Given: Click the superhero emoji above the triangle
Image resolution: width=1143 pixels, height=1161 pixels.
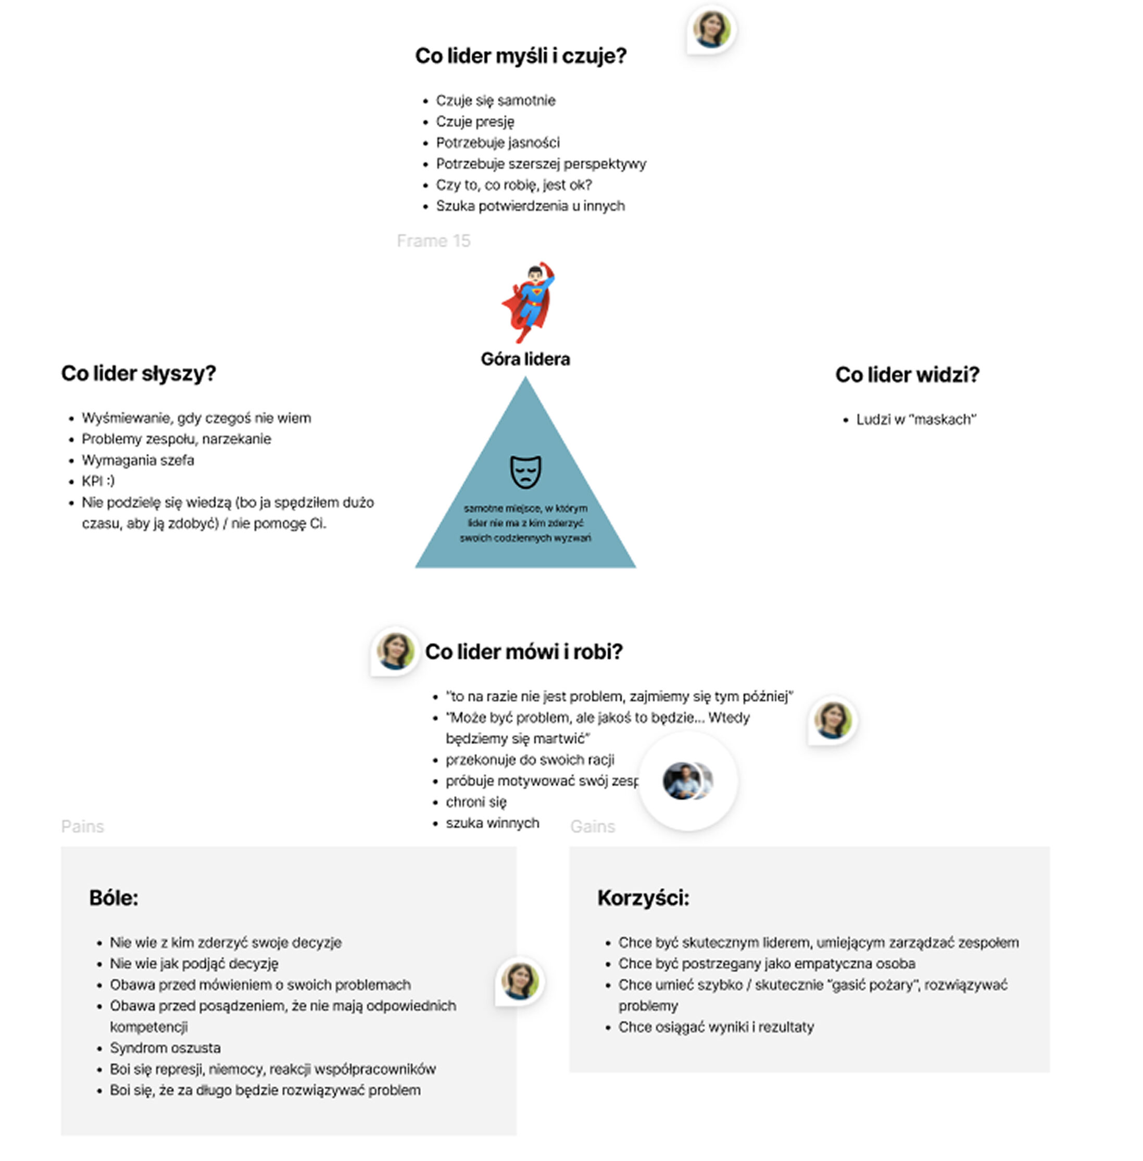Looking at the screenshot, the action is tap(528, 302).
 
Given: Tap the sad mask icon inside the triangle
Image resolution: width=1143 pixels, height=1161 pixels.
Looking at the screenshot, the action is tap(525, 471).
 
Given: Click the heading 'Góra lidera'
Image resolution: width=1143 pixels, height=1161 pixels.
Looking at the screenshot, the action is tap(525, 359).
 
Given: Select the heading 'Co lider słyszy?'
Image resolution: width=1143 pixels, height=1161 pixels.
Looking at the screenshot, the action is tap(139, 373).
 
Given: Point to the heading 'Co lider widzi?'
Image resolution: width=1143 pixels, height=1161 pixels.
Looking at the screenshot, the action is tap(907, 375).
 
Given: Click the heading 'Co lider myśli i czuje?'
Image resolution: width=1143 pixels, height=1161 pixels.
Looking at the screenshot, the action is tap(521, 56).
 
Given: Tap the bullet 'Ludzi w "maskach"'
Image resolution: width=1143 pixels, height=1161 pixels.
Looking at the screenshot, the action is tap(916, 420).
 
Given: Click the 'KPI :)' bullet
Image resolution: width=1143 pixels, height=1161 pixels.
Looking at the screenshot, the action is tap(98, 481).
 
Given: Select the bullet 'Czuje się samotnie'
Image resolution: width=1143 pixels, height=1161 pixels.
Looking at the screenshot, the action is tap(496, 100).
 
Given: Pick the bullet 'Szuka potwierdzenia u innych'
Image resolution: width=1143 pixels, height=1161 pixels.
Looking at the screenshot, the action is tap(530, 206).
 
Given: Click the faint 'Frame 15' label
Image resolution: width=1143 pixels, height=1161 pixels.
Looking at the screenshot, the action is tap(433, 241).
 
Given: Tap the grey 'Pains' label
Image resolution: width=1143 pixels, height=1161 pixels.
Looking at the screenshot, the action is tap(82, 827).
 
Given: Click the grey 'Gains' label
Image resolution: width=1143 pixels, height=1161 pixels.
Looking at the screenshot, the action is tap(593, 827).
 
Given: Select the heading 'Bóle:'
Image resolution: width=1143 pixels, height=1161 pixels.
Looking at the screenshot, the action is tap(114, 898).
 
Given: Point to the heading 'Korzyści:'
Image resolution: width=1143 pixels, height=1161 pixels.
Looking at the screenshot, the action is tap(644, 898).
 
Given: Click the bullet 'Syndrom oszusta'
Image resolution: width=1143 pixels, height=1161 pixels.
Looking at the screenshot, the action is tap(165, 1048).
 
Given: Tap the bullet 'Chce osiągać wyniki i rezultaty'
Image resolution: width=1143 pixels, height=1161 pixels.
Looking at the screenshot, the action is tap(716, 1027).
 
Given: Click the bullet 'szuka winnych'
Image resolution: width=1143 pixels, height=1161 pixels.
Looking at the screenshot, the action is tap(492, 823).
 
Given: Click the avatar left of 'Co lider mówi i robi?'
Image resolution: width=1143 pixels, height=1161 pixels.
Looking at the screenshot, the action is tap(395, 651).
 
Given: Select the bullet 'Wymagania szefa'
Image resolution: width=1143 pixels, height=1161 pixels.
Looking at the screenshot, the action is tap(138, 460).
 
